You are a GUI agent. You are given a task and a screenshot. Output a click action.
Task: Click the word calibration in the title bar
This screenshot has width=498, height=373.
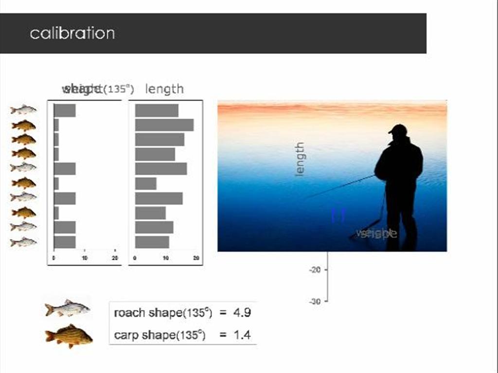pos(72,34)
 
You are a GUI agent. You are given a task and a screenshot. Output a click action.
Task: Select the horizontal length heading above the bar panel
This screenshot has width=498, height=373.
pos(164,89)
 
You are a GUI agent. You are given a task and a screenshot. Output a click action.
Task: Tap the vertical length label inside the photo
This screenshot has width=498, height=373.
pos(300,159)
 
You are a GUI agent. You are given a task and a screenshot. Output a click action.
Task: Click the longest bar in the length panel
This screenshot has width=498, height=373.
pos(164,125)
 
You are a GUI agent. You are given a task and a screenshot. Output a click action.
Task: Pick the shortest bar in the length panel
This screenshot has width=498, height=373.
pos(145,184)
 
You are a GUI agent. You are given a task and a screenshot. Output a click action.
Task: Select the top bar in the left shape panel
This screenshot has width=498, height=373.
pos(64,110)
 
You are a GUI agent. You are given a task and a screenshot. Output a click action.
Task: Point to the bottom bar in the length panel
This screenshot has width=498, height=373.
pos(152,242)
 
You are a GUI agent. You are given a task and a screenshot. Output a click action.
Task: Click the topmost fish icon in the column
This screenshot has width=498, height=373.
pos(23,110)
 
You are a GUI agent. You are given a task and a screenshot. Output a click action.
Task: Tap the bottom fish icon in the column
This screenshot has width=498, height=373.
pos(23,242)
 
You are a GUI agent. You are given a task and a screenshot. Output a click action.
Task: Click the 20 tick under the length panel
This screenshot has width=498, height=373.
pos(196,258)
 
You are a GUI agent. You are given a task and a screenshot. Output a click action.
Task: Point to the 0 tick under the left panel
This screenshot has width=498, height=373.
pos(53,258)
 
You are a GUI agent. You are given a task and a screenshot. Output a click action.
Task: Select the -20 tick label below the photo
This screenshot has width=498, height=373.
pos(315,270)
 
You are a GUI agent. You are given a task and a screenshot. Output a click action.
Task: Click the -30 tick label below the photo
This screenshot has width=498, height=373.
pos(315,302)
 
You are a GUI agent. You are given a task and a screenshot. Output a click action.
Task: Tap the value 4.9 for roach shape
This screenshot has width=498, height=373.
pos(242,313)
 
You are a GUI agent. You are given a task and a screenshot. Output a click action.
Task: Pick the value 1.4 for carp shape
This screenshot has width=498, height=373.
pos(242,335)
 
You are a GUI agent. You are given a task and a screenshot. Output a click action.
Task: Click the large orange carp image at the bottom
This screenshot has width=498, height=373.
pos(69,336)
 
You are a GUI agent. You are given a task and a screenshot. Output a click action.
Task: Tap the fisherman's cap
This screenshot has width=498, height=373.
pos(397,129)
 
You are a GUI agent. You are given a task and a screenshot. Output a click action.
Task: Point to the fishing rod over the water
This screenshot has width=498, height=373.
pos(340,186)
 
